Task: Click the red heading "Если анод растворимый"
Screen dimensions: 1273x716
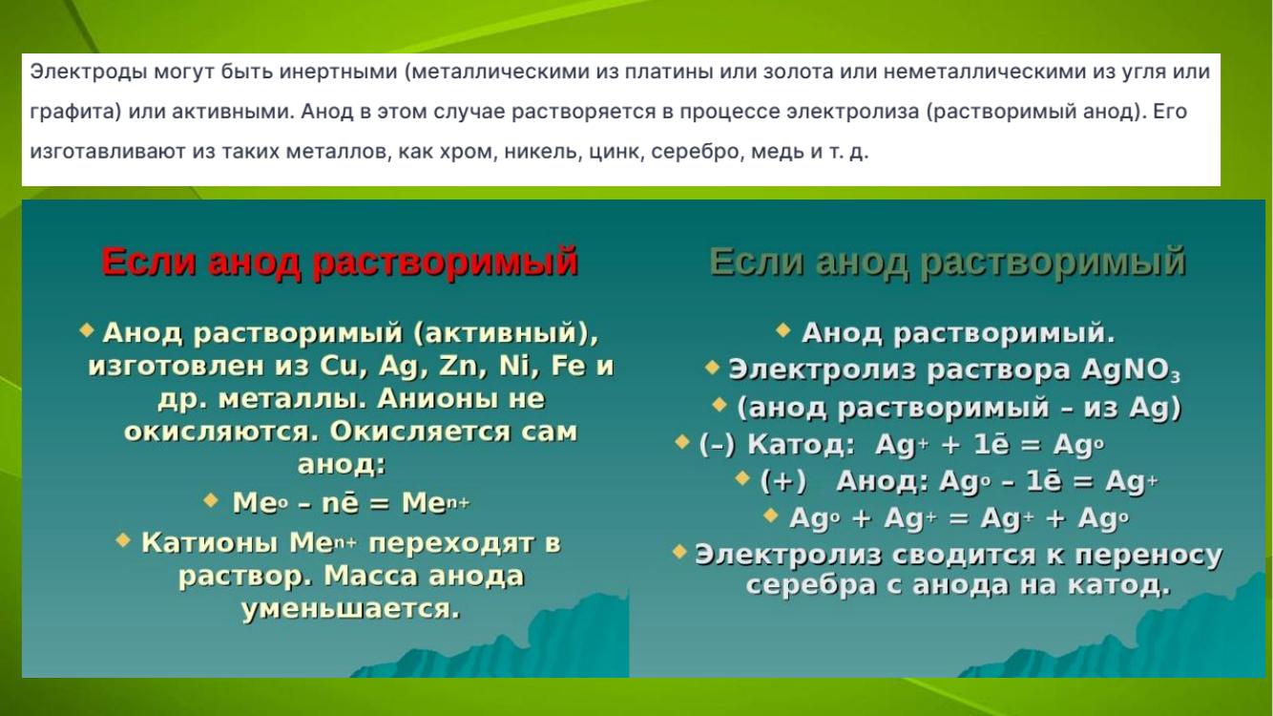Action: coord(340,263)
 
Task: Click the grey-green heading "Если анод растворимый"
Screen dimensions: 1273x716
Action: coord(948,263)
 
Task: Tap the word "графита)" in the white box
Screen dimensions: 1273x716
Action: coord(75,112)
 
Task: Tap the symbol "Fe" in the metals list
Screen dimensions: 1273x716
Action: coord(568,365)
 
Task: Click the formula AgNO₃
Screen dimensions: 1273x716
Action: coord(1131,370)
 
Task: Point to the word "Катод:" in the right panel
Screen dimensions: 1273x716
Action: coord(801,444)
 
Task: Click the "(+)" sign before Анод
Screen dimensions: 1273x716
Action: coord(783,481)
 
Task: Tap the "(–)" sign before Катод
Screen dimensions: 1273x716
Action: coord(718,444)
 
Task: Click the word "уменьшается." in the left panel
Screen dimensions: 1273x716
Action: coord(350,609)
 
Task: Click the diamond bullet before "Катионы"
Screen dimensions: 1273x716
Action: coord(123,539)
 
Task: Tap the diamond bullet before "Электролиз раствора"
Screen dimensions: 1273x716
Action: coord(712,367)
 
